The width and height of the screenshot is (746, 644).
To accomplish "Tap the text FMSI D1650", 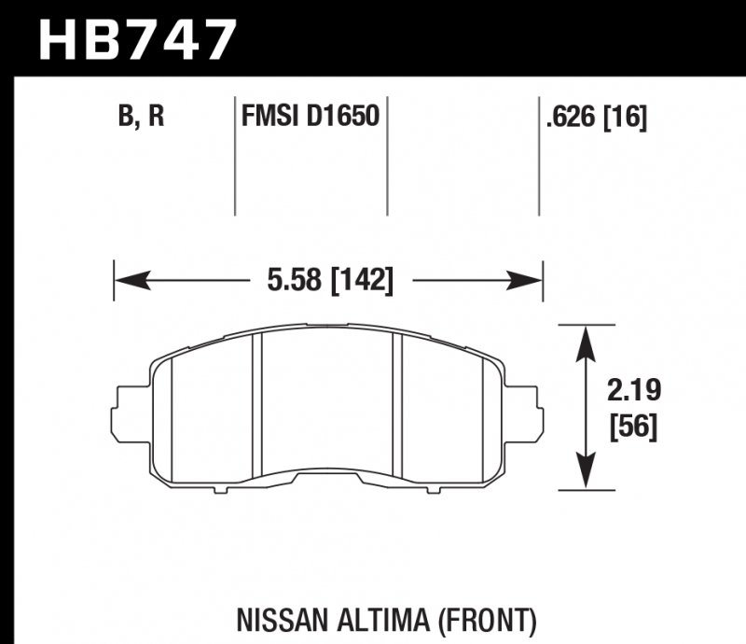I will pos(309,118).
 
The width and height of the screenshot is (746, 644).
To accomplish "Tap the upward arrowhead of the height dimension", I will pos(585,341).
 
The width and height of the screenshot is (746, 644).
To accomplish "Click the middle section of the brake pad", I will pos(326,401).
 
